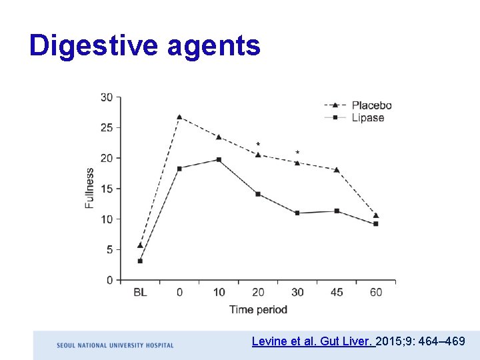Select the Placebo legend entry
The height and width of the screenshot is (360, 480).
pos(371,105)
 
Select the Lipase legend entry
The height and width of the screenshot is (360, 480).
pos(368,118)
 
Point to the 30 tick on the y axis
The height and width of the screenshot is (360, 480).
pos(107,97)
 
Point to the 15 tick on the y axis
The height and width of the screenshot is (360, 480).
pos(107,189)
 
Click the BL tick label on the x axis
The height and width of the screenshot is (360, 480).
pos(140,292)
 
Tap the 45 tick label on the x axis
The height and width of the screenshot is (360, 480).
pos(337,292)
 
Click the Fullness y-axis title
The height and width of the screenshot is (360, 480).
pos(90,189)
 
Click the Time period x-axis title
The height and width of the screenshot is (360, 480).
pos(258,309)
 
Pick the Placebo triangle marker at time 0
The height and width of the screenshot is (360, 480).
pos(179,117)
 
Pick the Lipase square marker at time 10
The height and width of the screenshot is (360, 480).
pos(219,160)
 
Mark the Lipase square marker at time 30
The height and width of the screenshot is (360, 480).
pos(297,213)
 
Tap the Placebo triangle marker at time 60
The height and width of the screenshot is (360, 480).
pos(376,215)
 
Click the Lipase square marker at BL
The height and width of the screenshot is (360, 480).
pos(140,261)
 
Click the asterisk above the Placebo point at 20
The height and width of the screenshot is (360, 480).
pos(258,144)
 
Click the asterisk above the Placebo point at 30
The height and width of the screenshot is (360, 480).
pos(297,153)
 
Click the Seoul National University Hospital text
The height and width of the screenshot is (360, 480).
pos(115,345)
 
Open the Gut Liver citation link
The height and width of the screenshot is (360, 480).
pos(313,341)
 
